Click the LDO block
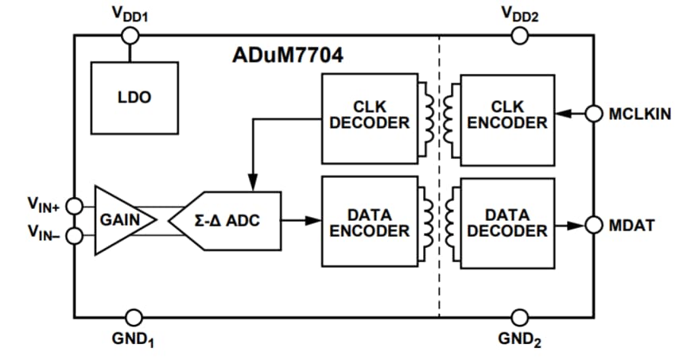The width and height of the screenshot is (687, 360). [134, 98]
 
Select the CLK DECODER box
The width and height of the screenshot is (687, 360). [369, 118]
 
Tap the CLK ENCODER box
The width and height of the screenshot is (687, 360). [507, 118]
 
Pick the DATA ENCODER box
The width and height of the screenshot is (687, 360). [369, 222]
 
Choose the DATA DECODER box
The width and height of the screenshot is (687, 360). [507, 222]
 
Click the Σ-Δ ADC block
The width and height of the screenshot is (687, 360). [235, 220]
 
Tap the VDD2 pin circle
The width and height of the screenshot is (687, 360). [519, 35]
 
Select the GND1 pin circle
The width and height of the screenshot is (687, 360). [132, 316]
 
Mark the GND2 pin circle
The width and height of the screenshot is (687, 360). [519, 316]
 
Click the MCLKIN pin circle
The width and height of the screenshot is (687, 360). [593, 114]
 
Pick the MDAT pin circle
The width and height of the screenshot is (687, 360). [593, 225]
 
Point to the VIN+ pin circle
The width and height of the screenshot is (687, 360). [74, 206]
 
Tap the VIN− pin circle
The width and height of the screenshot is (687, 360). [74, 236]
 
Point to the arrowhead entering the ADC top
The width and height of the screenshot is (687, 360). [252, 185]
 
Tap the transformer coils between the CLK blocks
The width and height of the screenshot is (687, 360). [439, 118]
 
